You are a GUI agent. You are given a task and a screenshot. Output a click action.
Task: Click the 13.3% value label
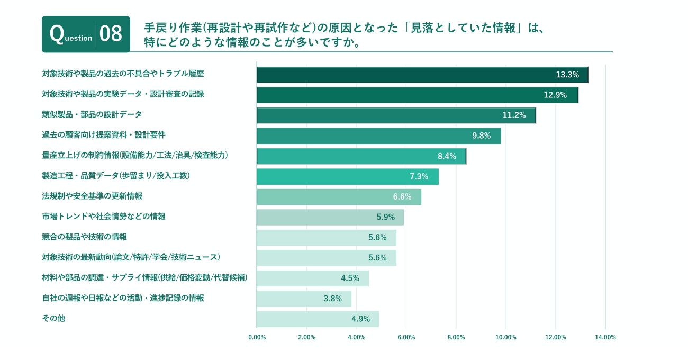point(567,75)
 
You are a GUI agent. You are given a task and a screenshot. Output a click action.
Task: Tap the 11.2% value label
point(514,115)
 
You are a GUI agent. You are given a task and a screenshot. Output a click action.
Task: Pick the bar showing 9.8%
point(378,136)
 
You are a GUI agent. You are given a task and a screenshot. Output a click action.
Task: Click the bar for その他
point(318,319)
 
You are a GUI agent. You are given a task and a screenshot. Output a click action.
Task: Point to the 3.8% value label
point(332,299)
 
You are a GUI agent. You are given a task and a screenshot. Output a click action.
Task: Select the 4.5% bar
point(312,278)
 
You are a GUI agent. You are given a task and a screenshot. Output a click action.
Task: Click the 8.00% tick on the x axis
point(456,337)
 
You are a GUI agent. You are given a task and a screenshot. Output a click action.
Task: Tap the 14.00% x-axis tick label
point(605,337)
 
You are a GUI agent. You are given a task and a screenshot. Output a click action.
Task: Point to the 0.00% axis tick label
point(257,337)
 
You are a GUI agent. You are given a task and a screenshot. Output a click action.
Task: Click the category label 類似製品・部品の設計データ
point(92,114)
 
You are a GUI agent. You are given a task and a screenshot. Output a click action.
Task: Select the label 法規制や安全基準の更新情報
point(92,196)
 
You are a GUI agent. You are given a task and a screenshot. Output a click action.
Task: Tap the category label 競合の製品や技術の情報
point(84,237)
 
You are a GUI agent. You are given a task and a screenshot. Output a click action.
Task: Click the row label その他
point(53,318)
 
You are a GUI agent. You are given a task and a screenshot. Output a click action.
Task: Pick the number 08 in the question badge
point(111,34)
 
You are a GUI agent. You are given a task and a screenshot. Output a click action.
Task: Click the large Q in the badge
point(57,33)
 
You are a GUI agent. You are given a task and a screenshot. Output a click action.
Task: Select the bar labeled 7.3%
point(347,177)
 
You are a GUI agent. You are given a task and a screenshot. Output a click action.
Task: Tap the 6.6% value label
point(402,197)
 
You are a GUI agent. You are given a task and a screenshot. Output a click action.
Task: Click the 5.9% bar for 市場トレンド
point(330,217)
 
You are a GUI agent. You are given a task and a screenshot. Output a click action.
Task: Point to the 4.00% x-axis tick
point(356,337)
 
